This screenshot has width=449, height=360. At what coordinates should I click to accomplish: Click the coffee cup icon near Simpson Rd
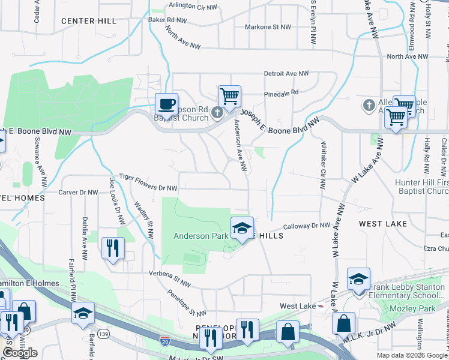tap(166, 104)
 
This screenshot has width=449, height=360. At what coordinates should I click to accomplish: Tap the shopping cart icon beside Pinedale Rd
tap(229, 95)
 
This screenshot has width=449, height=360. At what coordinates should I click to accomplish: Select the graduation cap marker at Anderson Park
tap(242, 228)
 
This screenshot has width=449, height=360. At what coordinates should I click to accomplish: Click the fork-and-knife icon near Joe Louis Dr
tap(113, 248)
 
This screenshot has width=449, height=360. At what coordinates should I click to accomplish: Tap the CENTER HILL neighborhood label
tap(89, 21)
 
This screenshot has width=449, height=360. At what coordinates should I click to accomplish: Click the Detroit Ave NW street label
tap(286, 73)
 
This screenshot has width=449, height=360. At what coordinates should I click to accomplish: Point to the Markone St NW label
tap(269, 27)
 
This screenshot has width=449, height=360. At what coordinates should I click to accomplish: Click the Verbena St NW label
tap(170, 274)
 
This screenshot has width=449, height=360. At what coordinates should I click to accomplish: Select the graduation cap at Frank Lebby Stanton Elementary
tap(358, 279)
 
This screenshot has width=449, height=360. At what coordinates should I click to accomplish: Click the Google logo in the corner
tap(20, 352)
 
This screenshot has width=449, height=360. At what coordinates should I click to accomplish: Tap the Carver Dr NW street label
tap(78, 193)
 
